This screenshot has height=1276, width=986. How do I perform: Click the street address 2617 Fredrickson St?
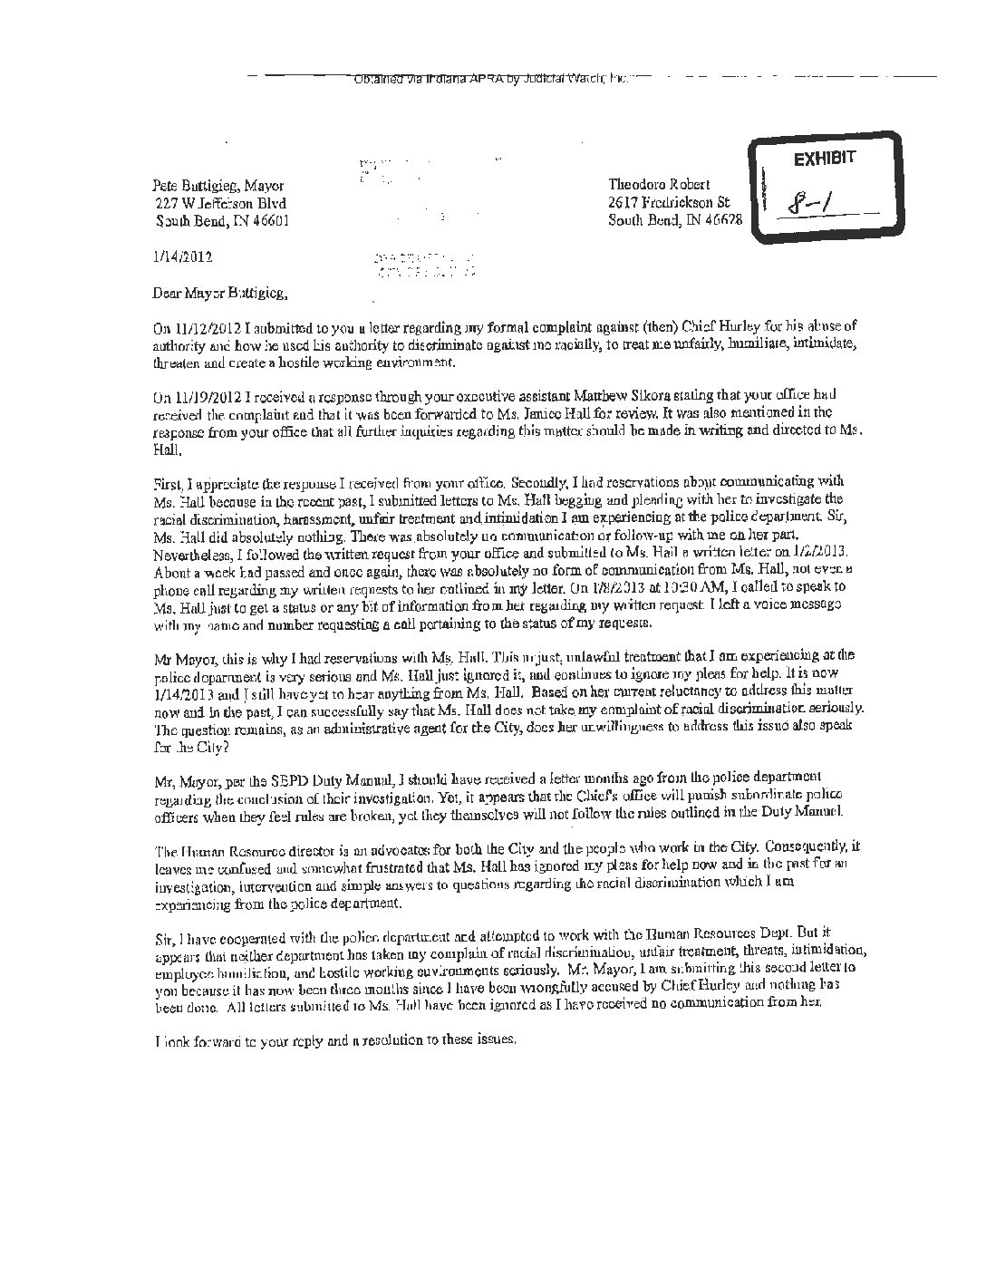[670, 202]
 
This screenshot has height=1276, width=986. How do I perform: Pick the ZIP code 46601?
[271, 220]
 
